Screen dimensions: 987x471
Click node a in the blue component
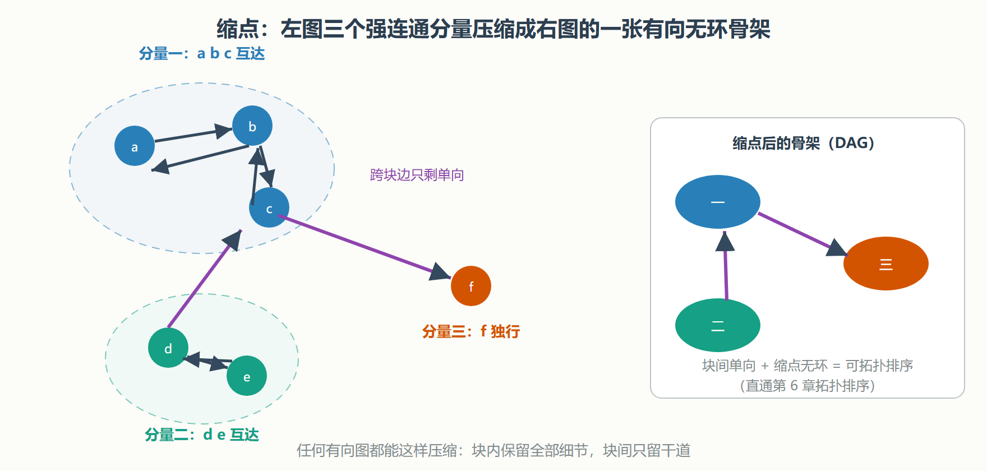coord(135,146)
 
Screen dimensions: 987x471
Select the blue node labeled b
coord(252,126)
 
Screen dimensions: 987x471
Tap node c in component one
coord(269,207)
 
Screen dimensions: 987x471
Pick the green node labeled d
coord(168,348)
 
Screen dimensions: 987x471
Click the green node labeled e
coord(247,376)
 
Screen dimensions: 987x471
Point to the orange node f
coord(471,286)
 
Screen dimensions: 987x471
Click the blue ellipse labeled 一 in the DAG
coord(718,202)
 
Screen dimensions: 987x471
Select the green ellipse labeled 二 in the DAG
coord(718,325)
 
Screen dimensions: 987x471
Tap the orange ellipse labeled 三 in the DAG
coord(886,264)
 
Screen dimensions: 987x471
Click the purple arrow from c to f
coord(365,247)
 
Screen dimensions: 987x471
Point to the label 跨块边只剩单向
coord(417,175)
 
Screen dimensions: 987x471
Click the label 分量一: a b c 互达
coord(202,53)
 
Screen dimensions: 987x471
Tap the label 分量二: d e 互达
coord(202,435)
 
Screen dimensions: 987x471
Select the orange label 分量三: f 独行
coord(471,331)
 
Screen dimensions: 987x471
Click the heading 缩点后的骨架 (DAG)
coord(804,143)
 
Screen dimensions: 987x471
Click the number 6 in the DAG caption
coord(794,386)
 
